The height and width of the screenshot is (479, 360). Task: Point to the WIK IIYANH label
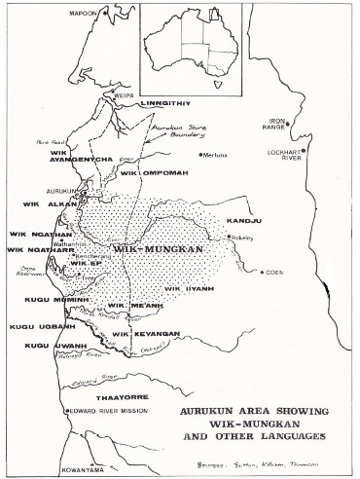coord(186,289)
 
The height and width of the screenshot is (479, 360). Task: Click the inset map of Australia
coord(189,44)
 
